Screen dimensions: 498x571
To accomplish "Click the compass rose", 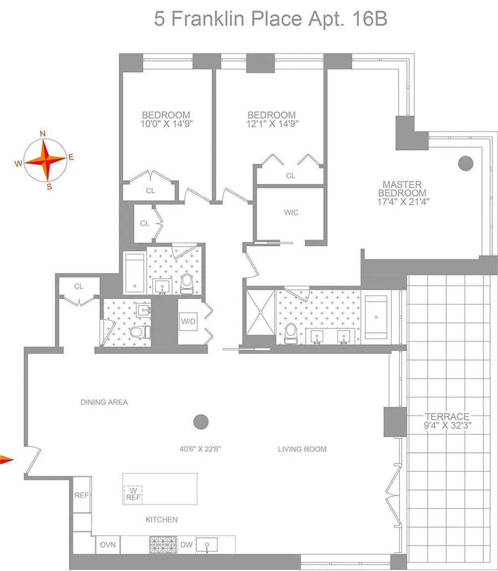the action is coord(46,160).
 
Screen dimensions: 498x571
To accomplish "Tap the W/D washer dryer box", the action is coord(188,322).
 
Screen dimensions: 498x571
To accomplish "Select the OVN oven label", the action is coord(108,545).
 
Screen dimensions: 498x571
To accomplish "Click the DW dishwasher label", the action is coord(186,545).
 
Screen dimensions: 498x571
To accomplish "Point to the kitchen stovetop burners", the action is coord(163,545).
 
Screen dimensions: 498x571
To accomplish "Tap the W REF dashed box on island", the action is coord(133,495).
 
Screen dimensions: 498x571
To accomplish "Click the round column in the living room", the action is coord(201,422).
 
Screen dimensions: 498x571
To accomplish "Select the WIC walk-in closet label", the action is coord(291,212).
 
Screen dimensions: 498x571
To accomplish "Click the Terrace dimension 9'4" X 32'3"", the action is coord(447,425).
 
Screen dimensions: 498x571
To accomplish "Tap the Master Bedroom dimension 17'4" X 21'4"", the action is coord(403,202).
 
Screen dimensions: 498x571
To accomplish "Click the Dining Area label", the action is coord(104,402).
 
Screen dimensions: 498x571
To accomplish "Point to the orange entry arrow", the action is coord(6,459).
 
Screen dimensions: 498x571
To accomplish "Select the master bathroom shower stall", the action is coord(260,312).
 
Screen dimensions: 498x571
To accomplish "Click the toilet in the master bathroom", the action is coord(291,333).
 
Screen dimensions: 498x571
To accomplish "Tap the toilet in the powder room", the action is coord(140,332).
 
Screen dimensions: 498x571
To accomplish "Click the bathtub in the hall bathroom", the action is coord(135,273).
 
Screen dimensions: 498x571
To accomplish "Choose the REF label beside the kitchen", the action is coord(82,495).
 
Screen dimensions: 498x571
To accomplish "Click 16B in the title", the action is coord(370,18).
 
